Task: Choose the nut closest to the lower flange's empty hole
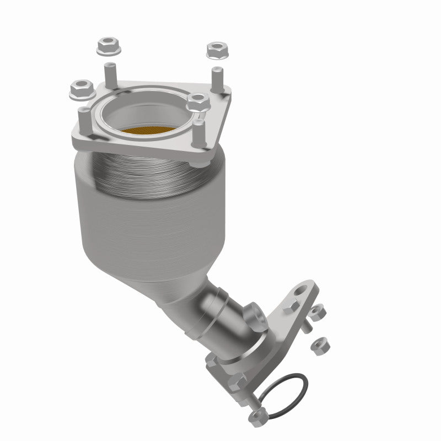pos(316,314)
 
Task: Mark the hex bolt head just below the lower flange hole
pos(289,308)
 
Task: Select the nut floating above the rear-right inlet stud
pos(217,50)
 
